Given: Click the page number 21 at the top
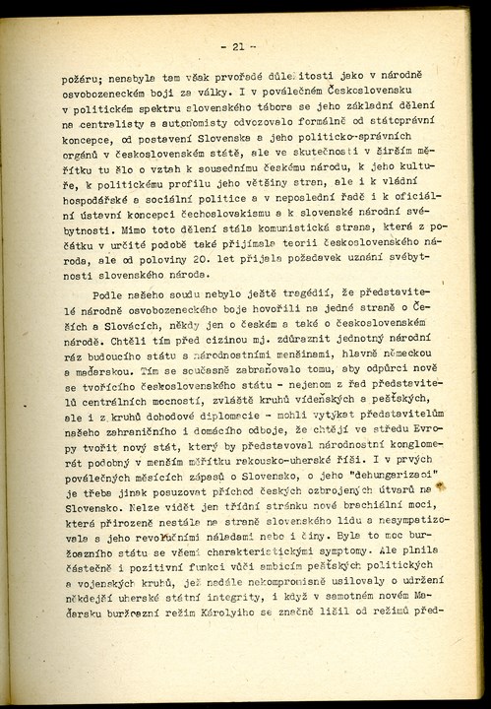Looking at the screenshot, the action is point(238,46).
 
